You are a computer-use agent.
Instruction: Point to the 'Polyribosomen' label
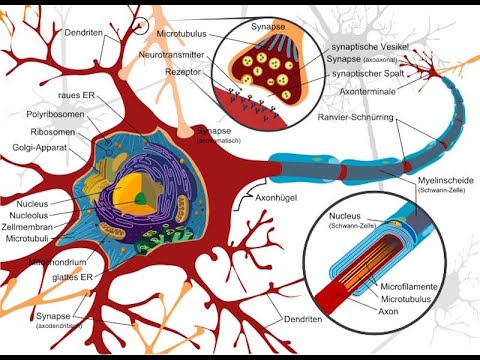pos(56,115)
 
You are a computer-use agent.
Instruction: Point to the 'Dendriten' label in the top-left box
pos(87,32)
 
